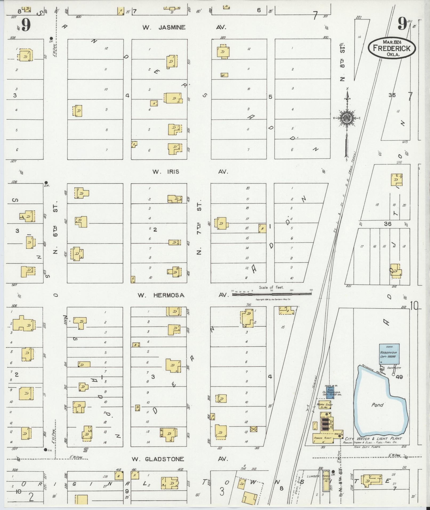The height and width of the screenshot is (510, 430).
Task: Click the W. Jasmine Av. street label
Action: point(184,27)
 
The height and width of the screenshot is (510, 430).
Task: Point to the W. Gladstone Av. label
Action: point(180,459)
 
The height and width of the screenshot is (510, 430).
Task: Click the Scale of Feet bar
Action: point(272,294)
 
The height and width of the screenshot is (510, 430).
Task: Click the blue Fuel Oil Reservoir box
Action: point(330,393)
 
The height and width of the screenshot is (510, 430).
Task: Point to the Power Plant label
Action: point(322,438)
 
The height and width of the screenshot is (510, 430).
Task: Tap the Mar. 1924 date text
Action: point(392,42)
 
